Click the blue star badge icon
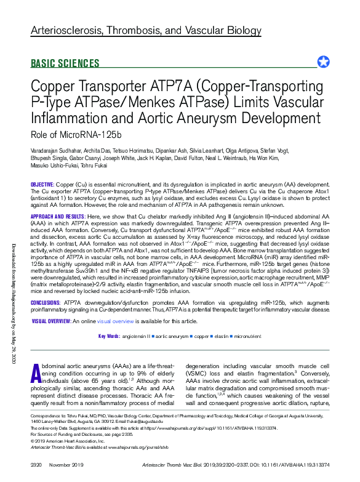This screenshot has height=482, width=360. (x=323, y=62)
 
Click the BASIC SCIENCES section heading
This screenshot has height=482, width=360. (x=65, y=63)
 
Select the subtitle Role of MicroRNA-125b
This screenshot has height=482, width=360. (x=76, y=134)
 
